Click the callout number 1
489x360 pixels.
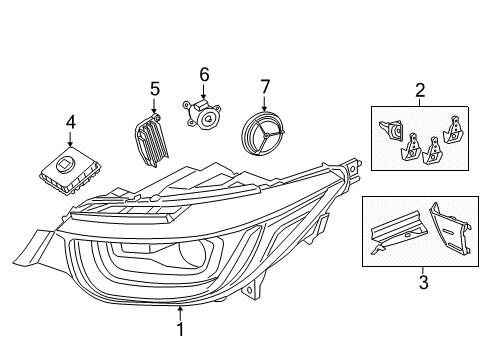[x=180, y=329]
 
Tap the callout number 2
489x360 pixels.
[x=420, y=90]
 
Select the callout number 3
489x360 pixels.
[x=423, y=282]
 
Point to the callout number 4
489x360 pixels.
[x=71, y=122]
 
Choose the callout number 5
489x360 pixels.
[x=154, y=89]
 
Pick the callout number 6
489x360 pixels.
[x=204, y=74]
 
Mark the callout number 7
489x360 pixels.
[x=265, y=87]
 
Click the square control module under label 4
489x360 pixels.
[x=70, y=170]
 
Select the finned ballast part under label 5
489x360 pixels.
[x=151, y=140]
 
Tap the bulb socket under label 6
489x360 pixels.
[x=202, y=114]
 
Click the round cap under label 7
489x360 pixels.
[x=263, y=133]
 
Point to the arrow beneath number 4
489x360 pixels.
[x=70, y=139]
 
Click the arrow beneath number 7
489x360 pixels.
[x=264, y=104]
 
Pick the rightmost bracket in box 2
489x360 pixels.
[x=453, y=130]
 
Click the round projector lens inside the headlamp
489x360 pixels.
[x=192, y=254]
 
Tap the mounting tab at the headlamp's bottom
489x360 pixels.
[x=253, y=289]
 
